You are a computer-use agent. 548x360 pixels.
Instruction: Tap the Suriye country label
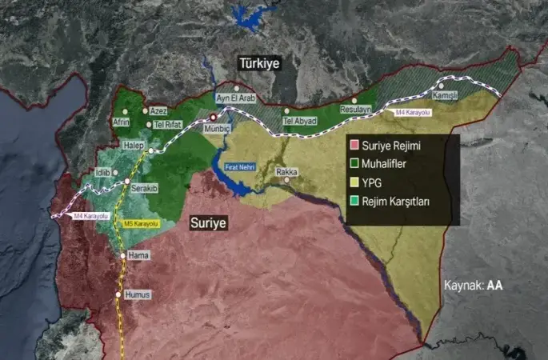tap(209, 224)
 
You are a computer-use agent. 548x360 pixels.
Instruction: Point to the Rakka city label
tap(286, 172)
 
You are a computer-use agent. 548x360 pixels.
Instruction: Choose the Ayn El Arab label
tap(234, 98)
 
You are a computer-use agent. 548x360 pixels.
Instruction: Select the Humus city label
tap(138, 294)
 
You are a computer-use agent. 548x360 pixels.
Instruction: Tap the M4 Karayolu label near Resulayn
tap(413, 113)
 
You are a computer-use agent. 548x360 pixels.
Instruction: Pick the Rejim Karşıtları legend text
tap(397, 202)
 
